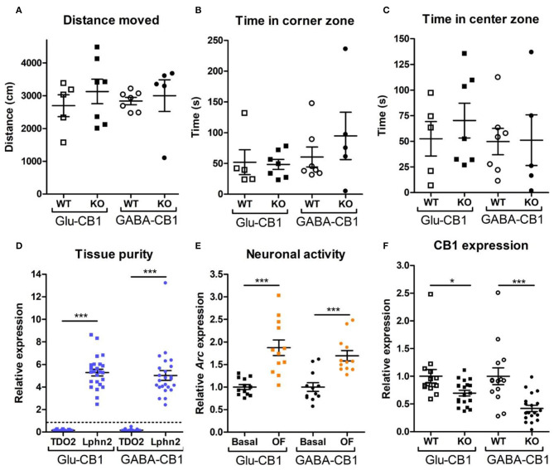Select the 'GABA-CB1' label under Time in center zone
click(x=504, y=222)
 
